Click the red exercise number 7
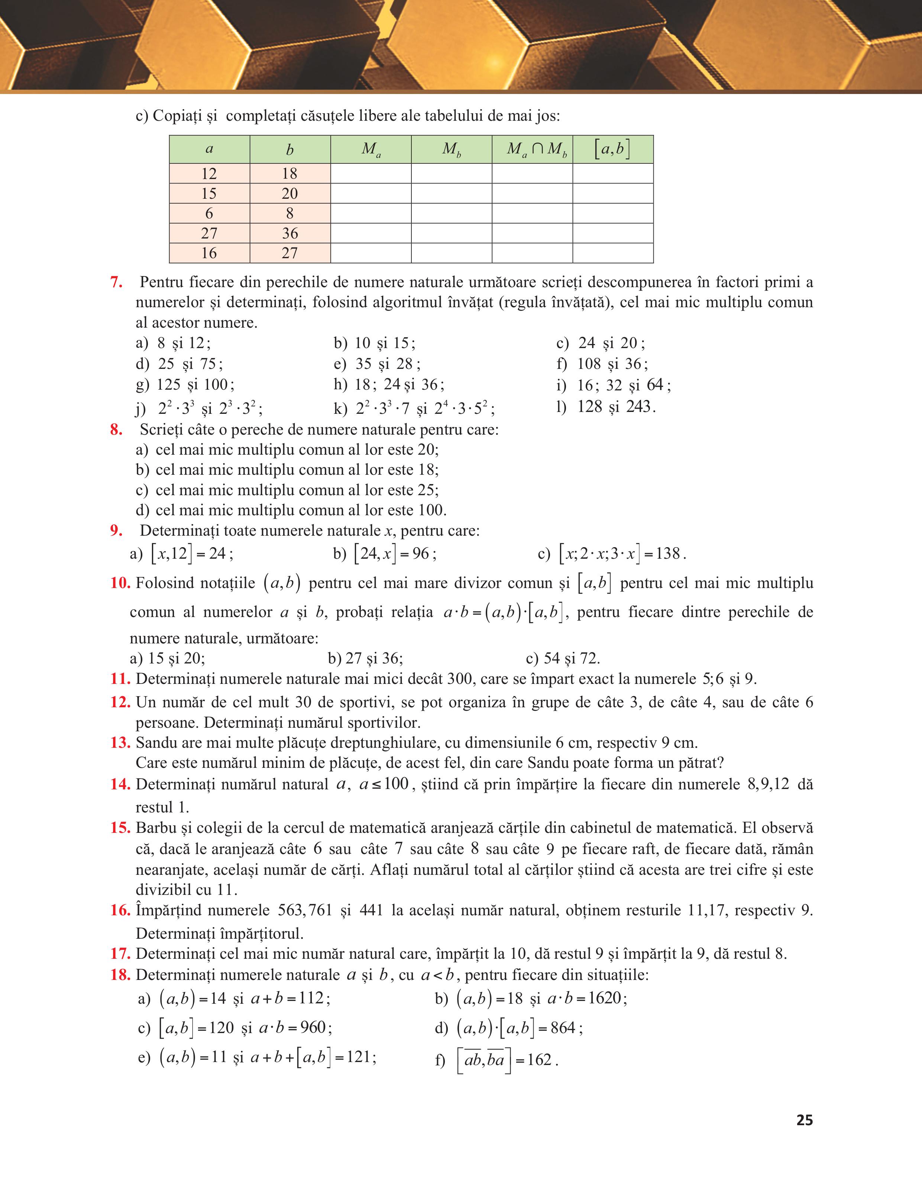click(116, 282)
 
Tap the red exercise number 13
click(120, 742)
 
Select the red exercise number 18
click(120, 975)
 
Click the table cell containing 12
click(209, 173)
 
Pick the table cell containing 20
click(290, 193)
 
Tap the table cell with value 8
click(290, 213)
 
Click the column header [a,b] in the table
click(613, 149)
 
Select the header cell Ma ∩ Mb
click(533, 149)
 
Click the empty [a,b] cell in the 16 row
click(613, 253)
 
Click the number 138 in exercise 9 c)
click(667, 553)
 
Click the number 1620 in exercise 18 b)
click(605, 998)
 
